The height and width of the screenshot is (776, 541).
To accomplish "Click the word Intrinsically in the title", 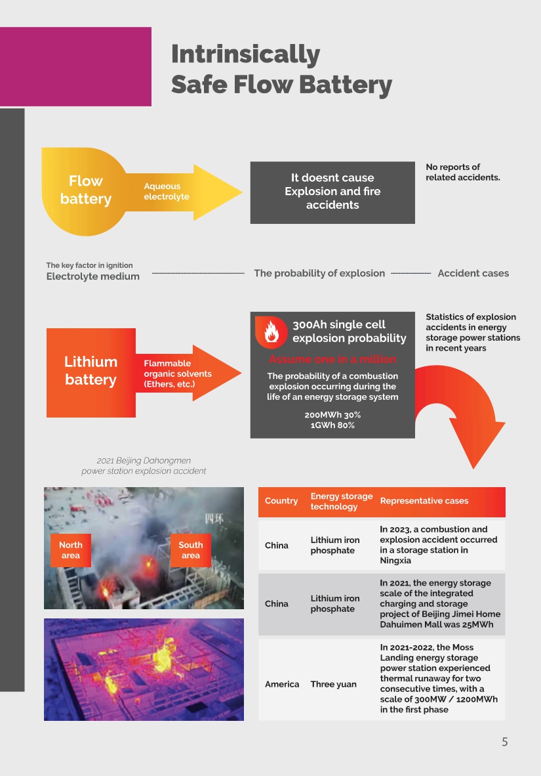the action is (245, 55).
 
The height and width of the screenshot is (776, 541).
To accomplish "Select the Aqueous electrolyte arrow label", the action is (166, 192).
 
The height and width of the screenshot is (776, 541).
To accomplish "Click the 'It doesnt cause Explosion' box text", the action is (332, 192).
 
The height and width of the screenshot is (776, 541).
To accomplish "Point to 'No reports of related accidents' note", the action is (463, 172).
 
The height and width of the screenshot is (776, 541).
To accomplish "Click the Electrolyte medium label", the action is (93, 276).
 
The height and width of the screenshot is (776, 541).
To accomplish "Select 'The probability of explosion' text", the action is (319, 273).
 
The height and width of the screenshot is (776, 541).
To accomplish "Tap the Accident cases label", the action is (473, 273).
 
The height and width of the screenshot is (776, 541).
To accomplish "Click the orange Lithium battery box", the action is (91, 373).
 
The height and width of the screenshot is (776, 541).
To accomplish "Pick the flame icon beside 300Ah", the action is (271, 332).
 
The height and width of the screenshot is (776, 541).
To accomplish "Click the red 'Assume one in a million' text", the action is (333, 359).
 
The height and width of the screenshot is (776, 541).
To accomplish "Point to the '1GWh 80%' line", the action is (332, 425).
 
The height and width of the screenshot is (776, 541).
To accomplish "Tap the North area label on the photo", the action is (71, 550).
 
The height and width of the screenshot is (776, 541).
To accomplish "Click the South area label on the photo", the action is (190, 550).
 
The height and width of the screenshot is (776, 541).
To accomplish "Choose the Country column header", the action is (281, 501).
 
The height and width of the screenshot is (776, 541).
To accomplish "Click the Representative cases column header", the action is (424, 501).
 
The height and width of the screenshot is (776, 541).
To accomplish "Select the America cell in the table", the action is (282, 684).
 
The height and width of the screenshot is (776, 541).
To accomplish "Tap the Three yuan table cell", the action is (333, 684).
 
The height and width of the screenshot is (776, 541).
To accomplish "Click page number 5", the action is (505, 741).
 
